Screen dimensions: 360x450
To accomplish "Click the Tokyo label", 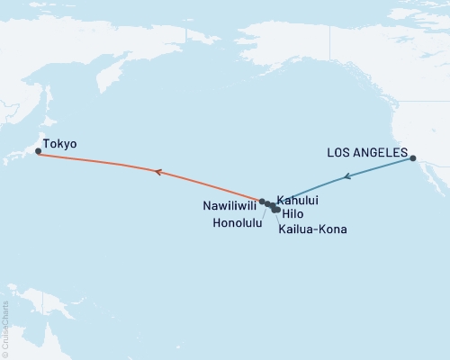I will click(x=60, y=144).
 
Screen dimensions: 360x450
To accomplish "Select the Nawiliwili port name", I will click(x=229, y=204).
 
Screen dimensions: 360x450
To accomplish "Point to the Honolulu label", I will click(x=238, y=221).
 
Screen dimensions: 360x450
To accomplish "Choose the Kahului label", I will click(x=298, y=200).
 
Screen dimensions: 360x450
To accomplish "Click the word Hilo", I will click(x=292, y=215).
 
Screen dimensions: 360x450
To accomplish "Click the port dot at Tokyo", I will click(x=38, y=152).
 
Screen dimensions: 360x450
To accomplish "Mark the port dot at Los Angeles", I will click(x=413, y=159).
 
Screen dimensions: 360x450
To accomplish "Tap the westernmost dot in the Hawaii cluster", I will click(x=262, y=202).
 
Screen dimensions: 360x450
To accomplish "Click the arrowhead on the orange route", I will click(x=157, y=171).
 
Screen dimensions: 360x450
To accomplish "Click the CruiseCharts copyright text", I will click(x=5, y=328).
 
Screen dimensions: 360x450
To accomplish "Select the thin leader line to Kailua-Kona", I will click(x=279, y=220).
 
